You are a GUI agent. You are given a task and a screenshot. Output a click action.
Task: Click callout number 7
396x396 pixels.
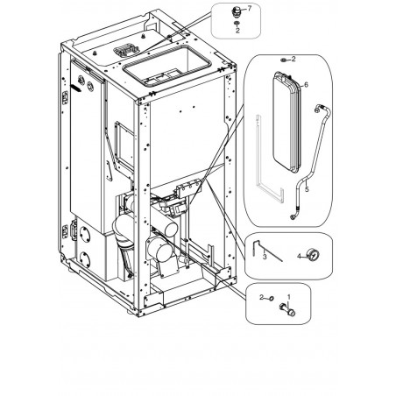point(249,9)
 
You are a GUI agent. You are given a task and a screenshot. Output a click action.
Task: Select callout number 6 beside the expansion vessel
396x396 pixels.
point(306,85)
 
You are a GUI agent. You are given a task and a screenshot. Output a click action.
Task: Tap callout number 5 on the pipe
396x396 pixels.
point(307,189)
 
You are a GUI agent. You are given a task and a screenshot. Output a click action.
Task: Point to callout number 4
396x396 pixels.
point(299,257)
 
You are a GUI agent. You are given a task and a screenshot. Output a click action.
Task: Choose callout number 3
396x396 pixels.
point(265,257)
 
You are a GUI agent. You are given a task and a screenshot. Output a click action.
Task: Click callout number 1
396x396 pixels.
point(289,297)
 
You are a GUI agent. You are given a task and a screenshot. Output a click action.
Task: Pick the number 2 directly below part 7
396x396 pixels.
point(237,30)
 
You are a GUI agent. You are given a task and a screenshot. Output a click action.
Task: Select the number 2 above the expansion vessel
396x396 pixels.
point(293,59)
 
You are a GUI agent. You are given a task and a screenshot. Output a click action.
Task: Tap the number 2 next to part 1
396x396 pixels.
point(262,297)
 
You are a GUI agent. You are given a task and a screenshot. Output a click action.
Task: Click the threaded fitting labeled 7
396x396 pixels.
point(237,12)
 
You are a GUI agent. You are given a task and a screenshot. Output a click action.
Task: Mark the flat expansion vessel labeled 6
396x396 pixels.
point(286,122)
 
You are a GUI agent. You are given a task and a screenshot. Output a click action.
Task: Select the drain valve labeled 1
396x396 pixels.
point(287,310)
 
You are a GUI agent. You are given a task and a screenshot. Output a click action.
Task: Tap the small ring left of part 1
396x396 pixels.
point(271,298)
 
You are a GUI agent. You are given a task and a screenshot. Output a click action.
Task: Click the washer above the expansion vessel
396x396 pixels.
point(283,60)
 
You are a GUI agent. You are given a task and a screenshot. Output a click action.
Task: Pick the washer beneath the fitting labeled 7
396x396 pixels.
point(237,23)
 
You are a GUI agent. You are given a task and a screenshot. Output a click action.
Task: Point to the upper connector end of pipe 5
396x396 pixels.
point(317,110)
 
